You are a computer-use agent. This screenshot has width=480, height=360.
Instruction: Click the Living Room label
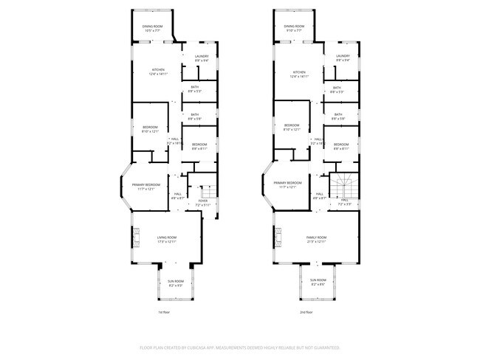[165, 238]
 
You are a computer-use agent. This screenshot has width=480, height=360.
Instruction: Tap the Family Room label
[317, 238]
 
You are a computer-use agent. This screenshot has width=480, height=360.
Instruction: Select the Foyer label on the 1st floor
[203, 201]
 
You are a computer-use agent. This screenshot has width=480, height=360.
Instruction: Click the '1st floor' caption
[165, 312]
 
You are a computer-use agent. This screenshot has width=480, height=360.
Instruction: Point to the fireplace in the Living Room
[135, 238]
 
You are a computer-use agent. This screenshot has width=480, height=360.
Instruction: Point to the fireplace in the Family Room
[278, 238]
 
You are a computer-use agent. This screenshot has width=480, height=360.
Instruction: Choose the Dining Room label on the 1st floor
[153, 27]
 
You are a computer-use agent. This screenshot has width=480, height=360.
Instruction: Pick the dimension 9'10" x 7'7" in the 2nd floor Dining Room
[294, 31]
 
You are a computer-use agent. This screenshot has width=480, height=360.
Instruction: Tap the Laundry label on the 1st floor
[201, 56]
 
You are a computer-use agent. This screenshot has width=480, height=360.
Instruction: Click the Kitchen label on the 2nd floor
[299, 71]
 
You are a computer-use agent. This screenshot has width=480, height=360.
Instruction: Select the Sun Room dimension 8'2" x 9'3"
[175, 285]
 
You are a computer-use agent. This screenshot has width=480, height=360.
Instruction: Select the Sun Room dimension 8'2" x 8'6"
[318, 285]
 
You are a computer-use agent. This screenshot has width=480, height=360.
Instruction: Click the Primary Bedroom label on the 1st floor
[146, 184]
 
